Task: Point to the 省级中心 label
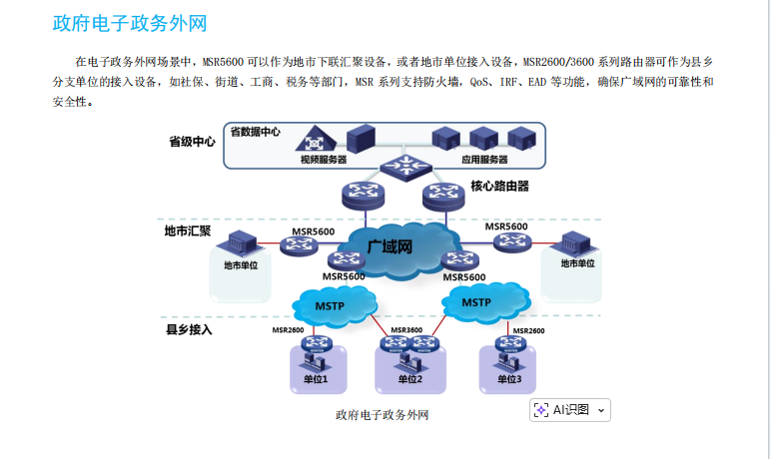(x=192, y=142)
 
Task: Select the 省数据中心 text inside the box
(x=256, y=132)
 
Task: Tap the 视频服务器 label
(x=323, y=160)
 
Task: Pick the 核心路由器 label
(x=499, y=186)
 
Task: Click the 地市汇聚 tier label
(x=188, y=231)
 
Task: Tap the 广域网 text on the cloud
(x=389, y=245)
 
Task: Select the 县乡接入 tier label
(x=189, y=328)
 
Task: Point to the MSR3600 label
(x=406, y=330)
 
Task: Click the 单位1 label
(x=316, y=379)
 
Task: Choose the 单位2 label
(x=410, y=379)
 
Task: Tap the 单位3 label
(x=509, y=379)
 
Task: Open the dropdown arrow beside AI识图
(x=600, y=411)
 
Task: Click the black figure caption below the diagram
(x=384, y=414)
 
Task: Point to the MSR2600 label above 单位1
(x=288, y=330)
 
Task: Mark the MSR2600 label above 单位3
(x=528, y=330)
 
